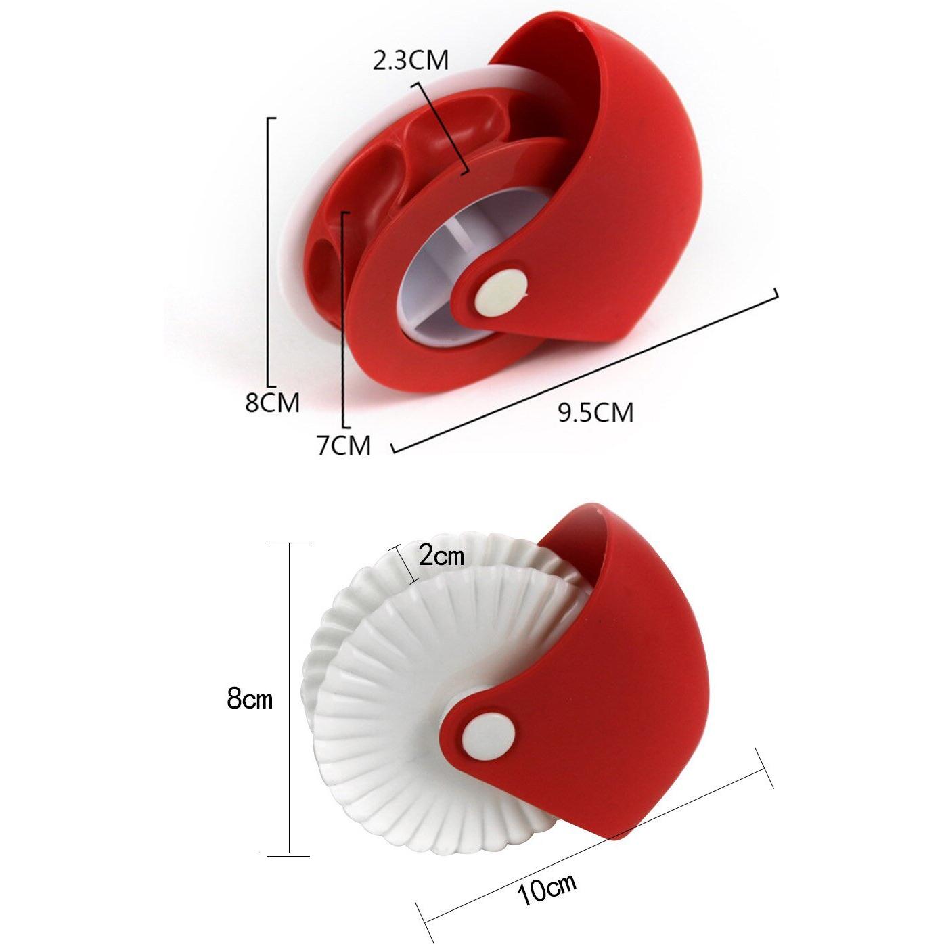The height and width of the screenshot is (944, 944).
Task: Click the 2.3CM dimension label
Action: coord(410,60)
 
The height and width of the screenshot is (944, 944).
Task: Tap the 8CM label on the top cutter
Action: coord(272,403)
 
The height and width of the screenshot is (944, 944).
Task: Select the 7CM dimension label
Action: coord(344,445)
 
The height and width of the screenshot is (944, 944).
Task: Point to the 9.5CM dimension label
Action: coord(595,412)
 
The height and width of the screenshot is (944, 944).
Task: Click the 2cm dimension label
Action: coord(441,556)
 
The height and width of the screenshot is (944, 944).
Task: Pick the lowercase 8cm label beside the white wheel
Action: coord(250,698)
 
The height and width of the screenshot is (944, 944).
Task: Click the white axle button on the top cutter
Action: coord(500,292)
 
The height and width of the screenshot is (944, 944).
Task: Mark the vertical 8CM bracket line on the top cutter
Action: coord(269,250)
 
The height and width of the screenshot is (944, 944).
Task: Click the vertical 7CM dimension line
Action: coord(344,318)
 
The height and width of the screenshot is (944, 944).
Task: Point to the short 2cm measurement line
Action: coord(406,565)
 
